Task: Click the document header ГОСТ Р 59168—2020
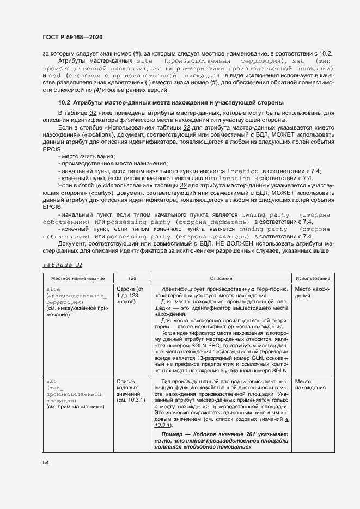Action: click(72, 36)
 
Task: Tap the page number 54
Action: click(45, 462)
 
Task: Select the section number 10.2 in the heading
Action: click(64, 102)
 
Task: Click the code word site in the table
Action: click(53, 289)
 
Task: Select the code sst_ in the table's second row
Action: click(53, 382)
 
